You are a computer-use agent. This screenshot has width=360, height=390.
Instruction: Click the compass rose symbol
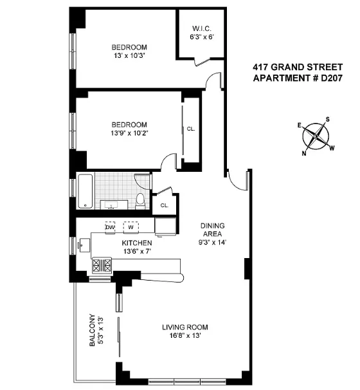[x=316, y=135]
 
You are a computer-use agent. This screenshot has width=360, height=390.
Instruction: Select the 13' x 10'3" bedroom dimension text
[x=129, y=56]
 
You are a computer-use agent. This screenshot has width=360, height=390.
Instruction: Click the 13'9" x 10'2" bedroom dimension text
[x=129, y=133]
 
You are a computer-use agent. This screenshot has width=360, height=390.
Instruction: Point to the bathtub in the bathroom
[x=93, y=191]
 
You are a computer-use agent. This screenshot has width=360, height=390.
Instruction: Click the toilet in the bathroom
[x=139, y=200]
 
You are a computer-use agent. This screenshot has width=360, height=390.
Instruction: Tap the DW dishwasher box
[x=110, y=227]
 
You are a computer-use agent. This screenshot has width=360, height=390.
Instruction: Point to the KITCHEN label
[x=137, y=243]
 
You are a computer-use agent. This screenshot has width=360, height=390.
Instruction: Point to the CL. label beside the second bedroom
[x=191, y=129]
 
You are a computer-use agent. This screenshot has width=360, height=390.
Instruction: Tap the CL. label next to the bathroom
[x=164, y=205]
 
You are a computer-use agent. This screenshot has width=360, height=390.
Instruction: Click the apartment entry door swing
[x=239, y=180]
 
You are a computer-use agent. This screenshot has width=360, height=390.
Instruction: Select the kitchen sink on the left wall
[x=83, y=246]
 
